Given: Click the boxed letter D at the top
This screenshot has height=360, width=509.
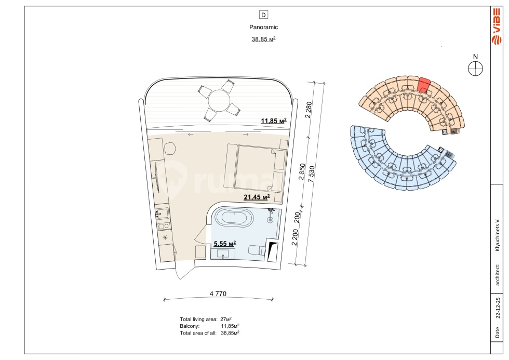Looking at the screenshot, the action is [263, 15].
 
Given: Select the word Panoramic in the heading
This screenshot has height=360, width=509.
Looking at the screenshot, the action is [264, 27].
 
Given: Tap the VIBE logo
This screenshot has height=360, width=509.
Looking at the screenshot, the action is [496, 26].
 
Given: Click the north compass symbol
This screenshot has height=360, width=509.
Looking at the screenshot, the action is [475, 69].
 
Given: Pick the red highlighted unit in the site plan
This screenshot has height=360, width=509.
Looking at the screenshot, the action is [423, 85].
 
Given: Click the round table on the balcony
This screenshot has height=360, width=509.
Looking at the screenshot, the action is [219, 101].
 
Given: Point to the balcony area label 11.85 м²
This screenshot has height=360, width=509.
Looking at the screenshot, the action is [274, 121].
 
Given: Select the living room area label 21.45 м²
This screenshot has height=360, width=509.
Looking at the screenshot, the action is [257, 197].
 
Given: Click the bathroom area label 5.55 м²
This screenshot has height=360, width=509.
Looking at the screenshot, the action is [224, 244].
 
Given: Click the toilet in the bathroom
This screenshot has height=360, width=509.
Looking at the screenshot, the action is [257, 250].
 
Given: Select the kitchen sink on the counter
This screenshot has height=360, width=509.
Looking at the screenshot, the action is [162, 214].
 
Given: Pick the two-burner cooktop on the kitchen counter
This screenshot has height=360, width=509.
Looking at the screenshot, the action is [163, 226].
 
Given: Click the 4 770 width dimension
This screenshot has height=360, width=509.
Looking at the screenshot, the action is [218, 294].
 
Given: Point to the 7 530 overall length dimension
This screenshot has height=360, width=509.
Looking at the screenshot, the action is [311, 174].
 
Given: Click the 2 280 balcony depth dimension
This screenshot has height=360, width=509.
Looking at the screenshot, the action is [309, 110].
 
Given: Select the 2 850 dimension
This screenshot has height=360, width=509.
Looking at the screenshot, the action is [302, 171].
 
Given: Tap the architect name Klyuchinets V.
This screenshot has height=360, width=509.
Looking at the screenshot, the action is [498, 234].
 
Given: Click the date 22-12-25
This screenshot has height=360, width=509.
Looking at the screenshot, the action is [498, 308].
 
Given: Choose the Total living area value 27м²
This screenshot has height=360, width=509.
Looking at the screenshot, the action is [226, 319].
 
